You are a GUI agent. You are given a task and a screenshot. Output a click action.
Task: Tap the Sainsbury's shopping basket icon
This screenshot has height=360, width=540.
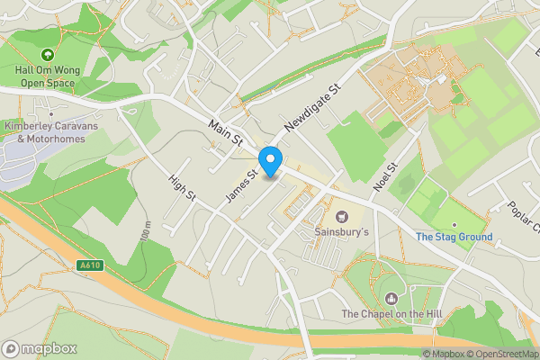click(x=341, y=216)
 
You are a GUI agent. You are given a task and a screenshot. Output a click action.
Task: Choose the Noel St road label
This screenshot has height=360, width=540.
click(x=385, y=176)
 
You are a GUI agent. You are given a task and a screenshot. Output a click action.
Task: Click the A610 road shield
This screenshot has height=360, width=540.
click(x=88, y=265)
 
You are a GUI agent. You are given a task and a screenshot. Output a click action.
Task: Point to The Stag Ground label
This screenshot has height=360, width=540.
click(x=454, y=238)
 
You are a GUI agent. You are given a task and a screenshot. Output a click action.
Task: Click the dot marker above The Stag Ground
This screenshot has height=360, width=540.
click(x=454, y=225)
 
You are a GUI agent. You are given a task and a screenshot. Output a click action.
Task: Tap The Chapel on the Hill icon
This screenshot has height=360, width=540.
click(x=391, y=298)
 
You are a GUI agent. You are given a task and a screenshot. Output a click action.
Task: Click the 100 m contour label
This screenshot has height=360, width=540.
click(x=146, y=232)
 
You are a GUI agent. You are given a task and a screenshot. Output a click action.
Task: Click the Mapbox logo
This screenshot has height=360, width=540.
click(x=40, y=348)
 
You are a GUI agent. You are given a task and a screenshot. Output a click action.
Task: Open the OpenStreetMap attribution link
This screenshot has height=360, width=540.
click(x=500, y=354)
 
